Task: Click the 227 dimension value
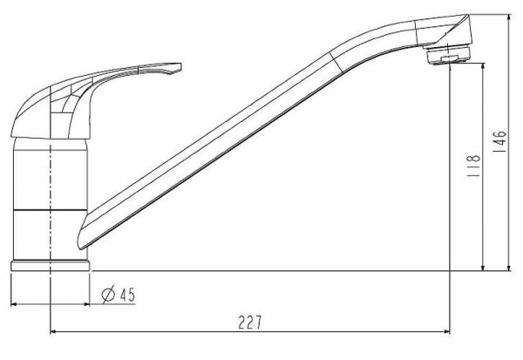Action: pos(250,323)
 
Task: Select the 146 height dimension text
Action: pos(499,142)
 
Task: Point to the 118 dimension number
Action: pos(474,166)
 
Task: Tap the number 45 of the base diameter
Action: pos(127,295)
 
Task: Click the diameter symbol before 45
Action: pos(108,295)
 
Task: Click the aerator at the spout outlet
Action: pos(448,55)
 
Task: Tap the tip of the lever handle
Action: pos(180,65)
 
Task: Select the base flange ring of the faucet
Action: pos(51,266)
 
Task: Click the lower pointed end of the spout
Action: pos(79,248)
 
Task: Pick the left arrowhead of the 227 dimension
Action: pos(52,331)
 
